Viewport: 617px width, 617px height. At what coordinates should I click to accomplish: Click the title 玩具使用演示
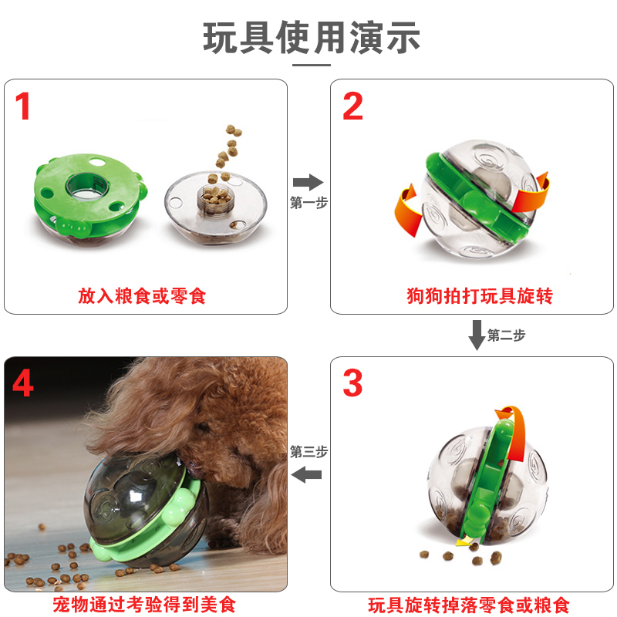(312, 37)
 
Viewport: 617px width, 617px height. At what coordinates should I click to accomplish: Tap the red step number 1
(22, 106)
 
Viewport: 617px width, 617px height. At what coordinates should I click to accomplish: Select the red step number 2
(352, 106)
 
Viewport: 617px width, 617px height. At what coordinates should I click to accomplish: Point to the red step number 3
(352, 383)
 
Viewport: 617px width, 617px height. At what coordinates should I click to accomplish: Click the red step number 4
(22, 383)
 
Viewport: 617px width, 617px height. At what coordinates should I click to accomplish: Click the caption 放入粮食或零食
(142, 296)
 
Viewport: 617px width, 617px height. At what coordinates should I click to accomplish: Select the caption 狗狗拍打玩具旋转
(480, 296)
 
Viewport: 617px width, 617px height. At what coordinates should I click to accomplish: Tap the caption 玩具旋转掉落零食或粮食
(469, 605)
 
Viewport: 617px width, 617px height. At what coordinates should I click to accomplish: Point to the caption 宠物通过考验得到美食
(144, 605)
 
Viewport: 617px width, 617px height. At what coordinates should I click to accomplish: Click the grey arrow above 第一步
(308, 182)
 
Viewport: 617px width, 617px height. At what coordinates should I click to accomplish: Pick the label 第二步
(507, 335)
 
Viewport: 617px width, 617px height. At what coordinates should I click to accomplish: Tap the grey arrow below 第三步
(306, 474)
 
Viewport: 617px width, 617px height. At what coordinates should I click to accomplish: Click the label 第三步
(309, 451)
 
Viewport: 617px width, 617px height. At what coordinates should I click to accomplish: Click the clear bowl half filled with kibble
(216, 207)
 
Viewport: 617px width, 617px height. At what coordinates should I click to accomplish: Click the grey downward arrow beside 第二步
(477, 335)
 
